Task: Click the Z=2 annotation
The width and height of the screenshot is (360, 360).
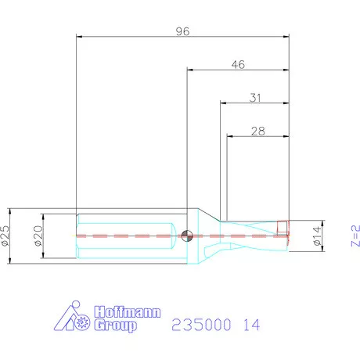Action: click(355, 234)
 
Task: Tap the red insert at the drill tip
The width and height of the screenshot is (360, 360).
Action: click(283, 228)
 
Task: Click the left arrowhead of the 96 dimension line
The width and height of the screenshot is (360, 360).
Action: click(81, 36)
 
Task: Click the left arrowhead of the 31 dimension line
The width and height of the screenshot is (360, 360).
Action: click(225, 103)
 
